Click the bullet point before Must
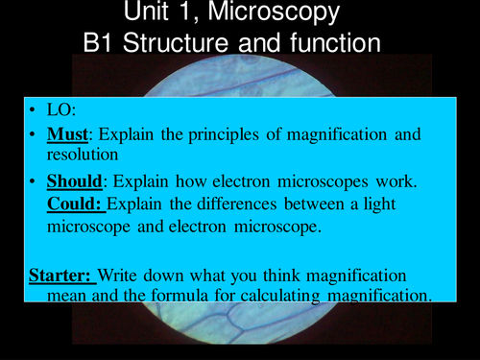pos(36,134)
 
